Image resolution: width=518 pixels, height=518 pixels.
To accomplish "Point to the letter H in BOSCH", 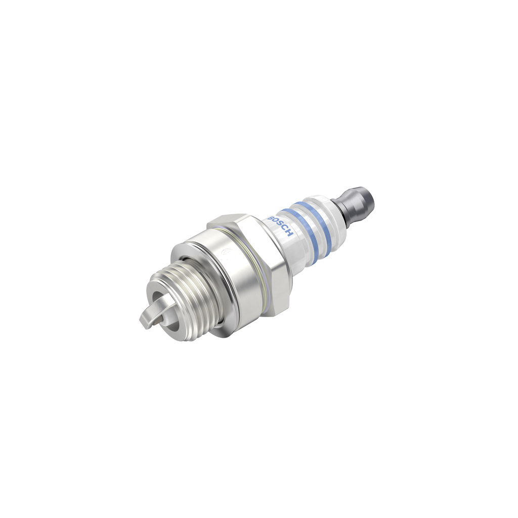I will (290, 233).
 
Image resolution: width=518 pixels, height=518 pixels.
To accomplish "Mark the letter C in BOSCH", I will (285, 229).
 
